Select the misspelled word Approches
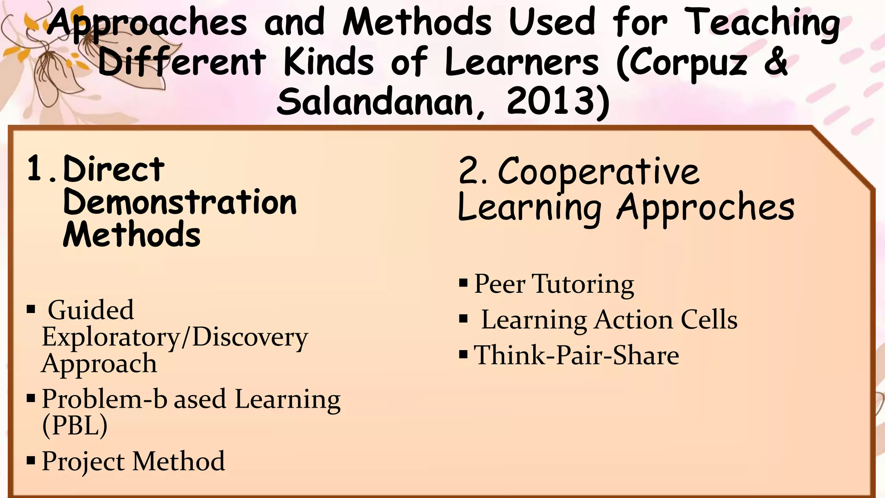pyautogui.click(x=706, y=208)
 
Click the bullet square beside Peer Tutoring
pyautogui.click(x=464, y=284)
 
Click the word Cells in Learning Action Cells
pyautogui.click(x=709, y=320)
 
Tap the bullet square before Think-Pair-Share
pyautogui.click(x=464, y=355)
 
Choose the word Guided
pyautogui.click(x=91, y=310)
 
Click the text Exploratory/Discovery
pyautogui.click(x=175, y=337)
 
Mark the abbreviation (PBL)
pyautogui.click(x=75, y=426)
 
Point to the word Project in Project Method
pyautogui.click(x=83, y=462)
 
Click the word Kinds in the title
pyautogui.click(x=328, y=62)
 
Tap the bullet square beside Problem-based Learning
pyautogui.click(x=31, y=398)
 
